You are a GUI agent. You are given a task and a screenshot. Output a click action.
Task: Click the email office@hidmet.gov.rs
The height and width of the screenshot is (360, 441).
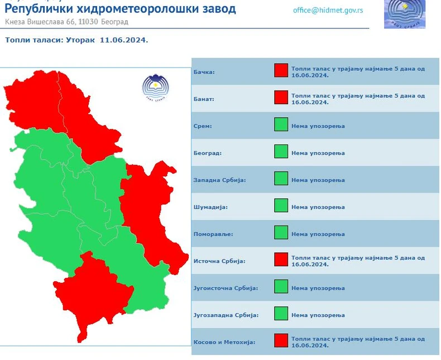click(x=328, y=11)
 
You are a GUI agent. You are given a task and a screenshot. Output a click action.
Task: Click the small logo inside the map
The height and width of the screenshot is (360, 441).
click(x=155, y=88)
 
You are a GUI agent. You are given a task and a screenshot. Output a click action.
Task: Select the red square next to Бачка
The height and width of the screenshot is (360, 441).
click(x=281, y=71)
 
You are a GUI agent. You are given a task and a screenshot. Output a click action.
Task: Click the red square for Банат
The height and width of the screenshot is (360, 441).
click(x=281, y=98)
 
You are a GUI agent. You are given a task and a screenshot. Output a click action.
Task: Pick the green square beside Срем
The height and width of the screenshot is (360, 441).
click(x=281, y=124)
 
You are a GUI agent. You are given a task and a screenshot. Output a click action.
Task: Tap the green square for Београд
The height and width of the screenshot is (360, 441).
click(x=281, y=151)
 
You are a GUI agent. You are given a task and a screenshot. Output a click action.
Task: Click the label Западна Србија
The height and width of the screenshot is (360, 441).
click(x=220, y=180)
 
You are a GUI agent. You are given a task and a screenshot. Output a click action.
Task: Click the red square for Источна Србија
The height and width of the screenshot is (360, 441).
click(x=281, y=260)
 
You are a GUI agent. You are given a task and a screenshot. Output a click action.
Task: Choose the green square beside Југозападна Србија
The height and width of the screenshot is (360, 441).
click(x=281, y=314)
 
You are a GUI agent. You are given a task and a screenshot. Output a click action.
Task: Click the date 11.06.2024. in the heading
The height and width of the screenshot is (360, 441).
click(x=124, y=40)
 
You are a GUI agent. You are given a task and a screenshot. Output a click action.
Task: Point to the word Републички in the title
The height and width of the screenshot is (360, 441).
click(x=40, y=9)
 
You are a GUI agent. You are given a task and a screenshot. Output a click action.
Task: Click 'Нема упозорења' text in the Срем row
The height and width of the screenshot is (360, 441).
click(x=318, y=126)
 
